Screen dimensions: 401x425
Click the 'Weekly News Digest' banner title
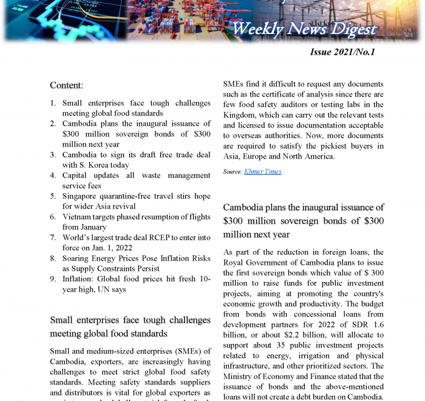pyautogui.click(x=304, y=28)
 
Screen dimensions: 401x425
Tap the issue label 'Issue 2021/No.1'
pyautogui.click(x=342, y=52)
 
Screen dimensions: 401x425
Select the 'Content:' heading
pyautogui.click(x=66, y=86)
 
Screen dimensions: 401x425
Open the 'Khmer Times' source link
pyautogui.click(x=262, y=172)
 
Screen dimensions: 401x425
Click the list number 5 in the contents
pyautogui.click(x=53, y=196)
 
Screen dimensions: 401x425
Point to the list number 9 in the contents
pyautogui.click(x=53, y=279)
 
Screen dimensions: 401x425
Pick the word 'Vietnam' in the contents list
pyautogui.click(x=78, y=217)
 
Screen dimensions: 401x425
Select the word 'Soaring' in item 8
pyautogui.click(x=78, y=258)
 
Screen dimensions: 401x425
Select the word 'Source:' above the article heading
pyautogui.click(x=233, y=172)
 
